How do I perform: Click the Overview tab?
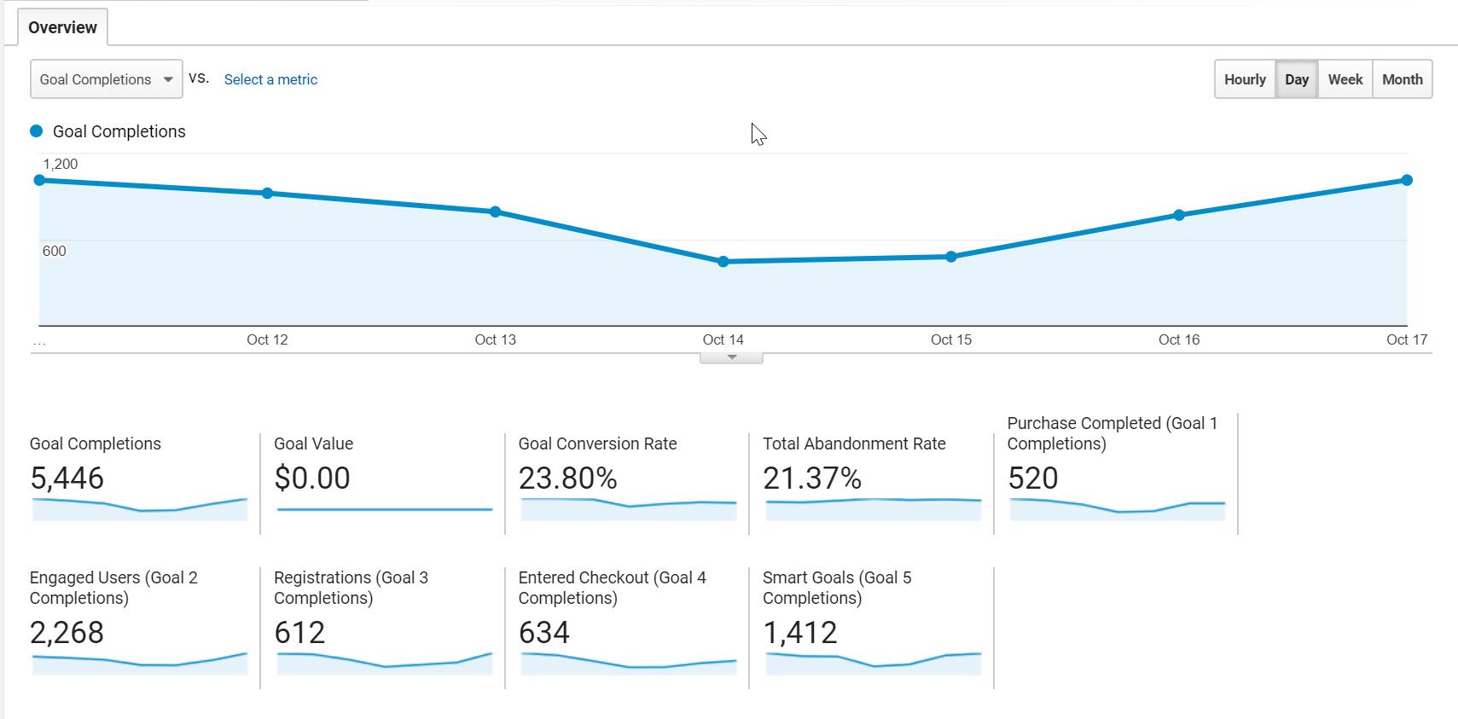pyautogui.click(x=62, y=27)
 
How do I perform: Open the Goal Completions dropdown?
pyautogui.click(x=106, y=79)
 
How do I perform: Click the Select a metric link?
pyautogui.click(x=270, y=79)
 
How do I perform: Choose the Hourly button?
pyautogui.click(x=1245, y=79)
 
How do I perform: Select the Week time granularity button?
pyautogui.click(x=1345, y=79)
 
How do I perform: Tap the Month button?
pyautogui.click(x=1402, y=79)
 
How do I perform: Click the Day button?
pyautogui.click(x=1297, y=79)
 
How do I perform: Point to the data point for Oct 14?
pyautogui.click(x=723, y=262)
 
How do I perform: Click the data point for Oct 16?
pyautogui.click(x=1179, y=215)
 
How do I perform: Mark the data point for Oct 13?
pyautogui.click(x=496, y=212)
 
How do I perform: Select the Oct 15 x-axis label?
pyautogui.click(x=951, y=339)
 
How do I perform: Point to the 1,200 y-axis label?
pyautogui.click(x=60, y=164)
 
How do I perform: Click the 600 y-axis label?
pyautogui.click(x=54, y=251)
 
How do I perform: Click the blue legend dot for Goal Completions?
pyautogui.click(x=37, y=131)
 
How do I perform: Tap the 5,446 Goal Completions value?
pyautogui.click(x=67, y=478)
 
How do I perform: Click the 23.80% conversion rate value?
pyautogui.click(x=567, y=478)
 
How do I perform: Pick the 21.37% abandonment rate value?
pyautogui.click(x=812, y=478)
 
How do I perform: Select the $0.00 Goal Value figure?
pyautogui.click(x=312, y=478)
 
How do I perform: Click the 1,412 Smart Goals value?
pyautogui.click(x=800, y=633)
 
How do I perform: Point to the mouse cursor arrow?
pyautogui.click(x=758, y=134)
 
